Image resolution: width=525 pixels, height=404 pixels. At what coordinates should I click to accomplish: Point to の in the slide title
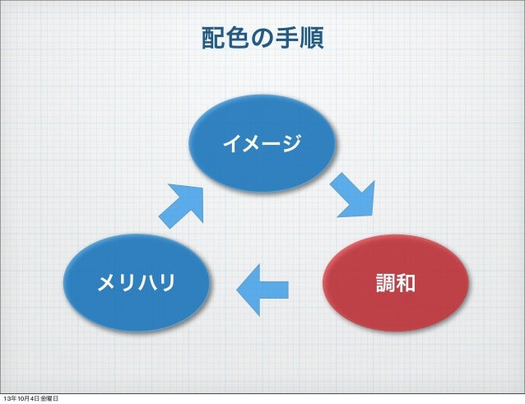click(262, 39)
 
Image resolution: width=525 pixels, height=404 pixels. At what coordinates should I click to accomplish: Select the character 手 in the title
click(286, 39)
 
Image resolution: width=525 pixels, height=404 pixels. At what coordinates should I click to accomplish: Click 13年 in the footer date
click(8, 399)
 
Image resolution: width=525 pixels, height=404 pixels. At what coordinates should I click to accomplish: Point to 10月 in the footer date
click(24, 399)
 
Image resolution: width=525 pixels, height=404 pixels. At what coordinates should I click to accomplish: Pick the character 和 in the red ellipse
click(406, 285)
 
